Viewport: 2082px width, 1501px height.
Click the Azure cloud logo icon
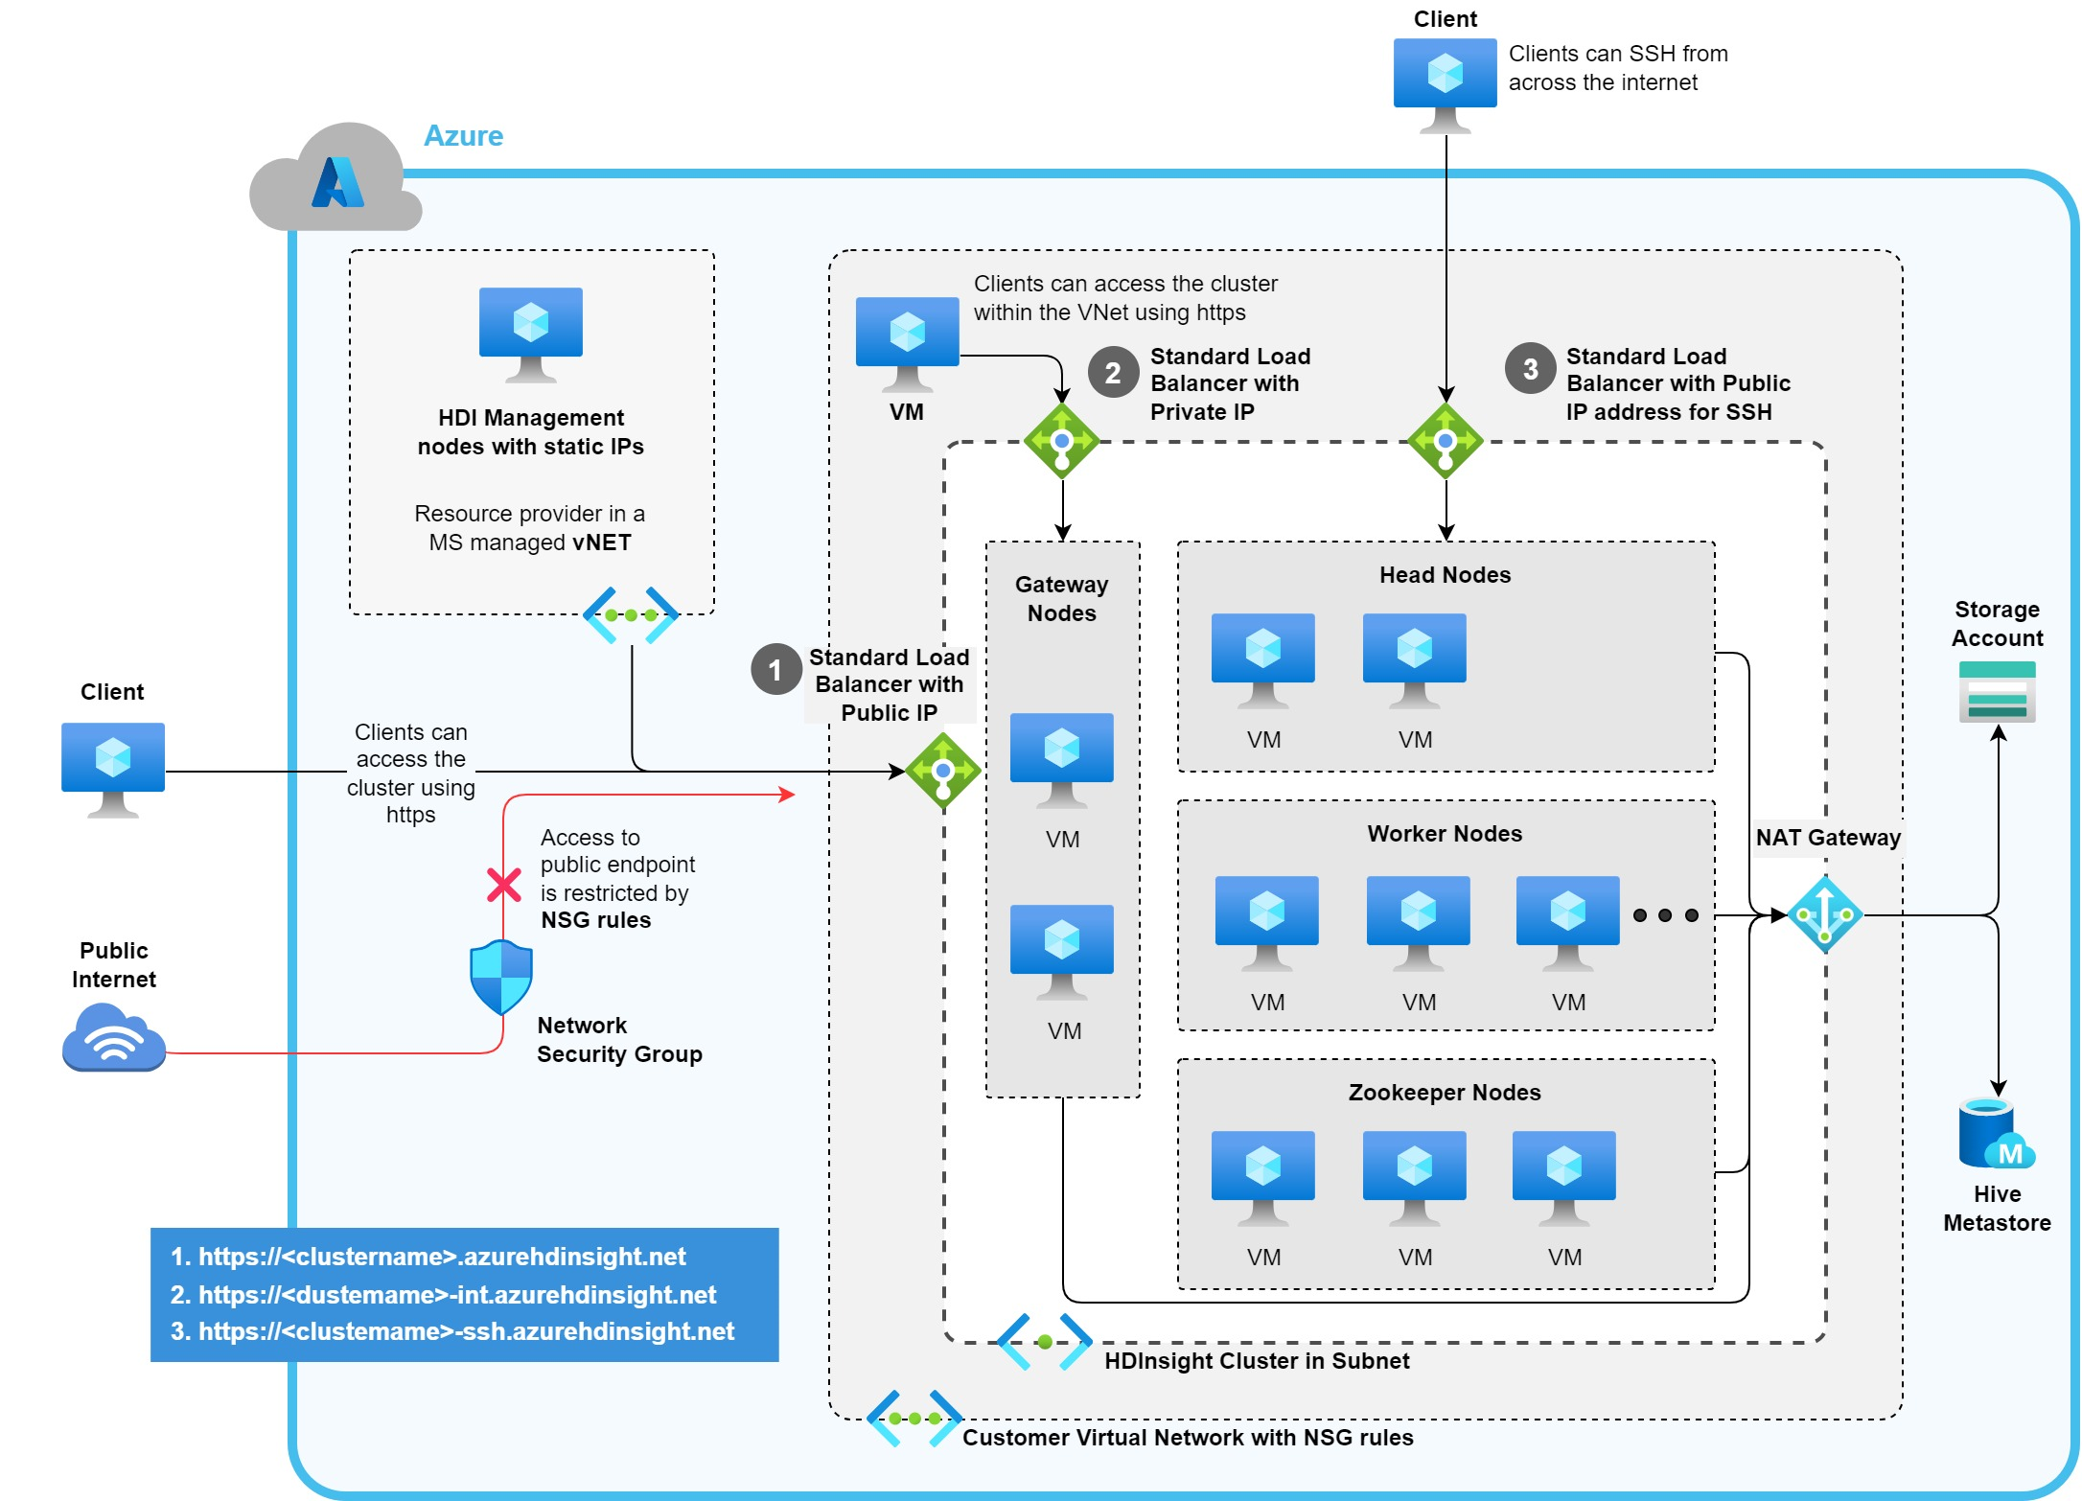click(336, 179)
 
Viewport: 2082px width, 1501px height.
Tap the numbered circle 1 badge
click(775, 669)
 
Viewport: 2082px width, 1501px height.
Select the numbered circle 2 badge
click(1112, 372)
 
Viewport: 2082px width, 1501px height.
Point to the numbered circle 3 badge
click(1530, 368)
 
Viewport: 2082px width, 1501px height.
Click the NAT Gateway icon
click(1824, 914)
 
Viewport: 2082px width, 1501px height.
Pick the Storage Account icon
click(1997, 692)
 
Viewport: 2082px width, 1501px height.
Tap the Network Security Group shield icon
click(501, 977)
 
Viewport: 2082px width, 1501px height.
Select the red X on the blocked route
click(503, 885)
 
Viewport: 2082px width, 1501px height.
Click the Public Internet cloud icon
click(114, 1037)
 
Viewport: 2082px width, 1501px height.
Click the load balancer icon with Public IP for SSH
click(1445, 441)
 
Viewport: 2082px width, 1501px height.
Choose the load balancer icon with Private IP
click(1061, 441)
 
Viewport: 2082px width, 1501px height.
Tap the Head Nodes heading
click(1445, 575)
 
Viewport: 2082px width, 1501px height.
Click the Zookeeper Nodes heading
click(1445, 1093)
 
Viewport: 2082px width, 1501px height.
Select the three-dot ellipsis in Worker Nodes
click(1665, 915)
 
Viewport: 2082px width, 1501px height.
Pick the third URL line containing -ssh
click(451, 1331)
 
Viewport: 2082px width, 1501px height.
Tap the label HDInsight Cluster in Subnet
click(1256, 1361)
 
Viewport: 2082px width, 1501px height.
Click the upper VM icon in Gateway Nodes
click(1061, 758)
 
